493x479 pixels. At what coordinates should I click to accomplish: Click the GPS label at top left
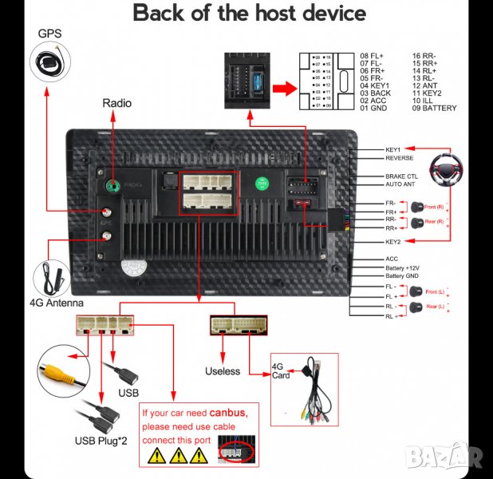tap(49, 34)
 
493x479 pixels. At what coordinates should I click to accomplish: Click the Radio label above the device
tap(116, 103)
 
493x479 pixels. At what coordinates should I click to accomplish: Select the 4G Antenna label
tap(57, 303)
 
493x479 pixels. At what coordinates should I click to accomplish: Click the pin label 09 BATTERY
tap(434, 108)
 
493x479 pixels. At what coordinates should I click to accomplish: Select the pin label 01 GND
tap(373, 108)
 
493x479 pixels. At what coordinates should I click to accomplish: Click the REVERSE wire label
tap(400, 158)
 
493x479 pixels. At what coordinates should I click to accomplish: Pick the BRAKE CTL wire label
tap(402, 176)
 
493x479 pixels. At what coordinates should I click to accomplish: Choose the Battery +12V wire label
tap(402, 267)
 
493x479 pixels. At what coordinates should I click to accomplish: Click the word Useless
tap(222, 371)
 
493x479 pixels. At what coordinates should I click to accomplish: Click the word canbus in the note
tap(234, 413)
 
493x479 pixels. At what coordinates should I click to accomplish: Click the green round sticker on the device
tap(262, 183)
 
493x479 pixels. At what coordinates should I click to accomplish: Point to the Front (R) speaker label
tap(435, 206)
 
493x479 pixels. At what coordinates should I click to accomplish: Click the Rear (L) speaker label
tap(436, 307)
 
